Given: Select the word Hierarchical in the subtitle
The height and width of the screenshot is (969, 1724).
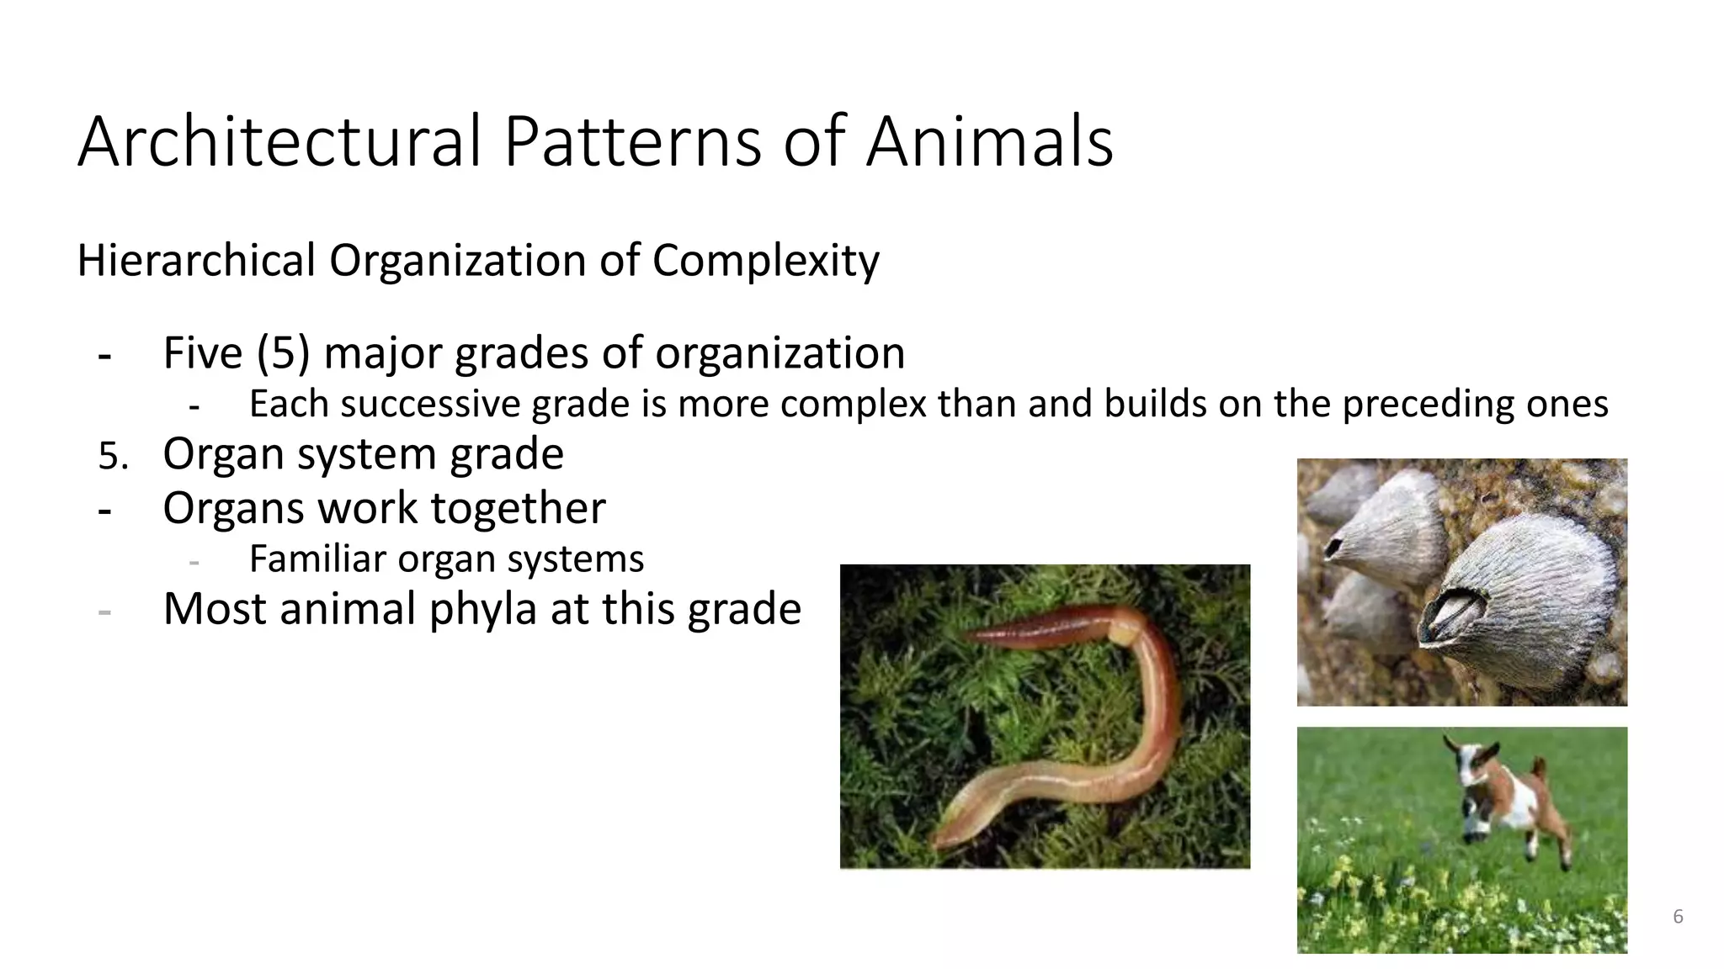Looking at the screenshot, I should pos(196,261).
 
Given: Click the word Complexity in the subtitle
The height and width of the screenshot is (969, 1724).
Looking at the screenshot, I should pos(765,261).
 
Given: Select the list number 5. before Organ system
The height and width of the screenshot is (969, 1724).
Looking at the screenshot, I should pos(113,457).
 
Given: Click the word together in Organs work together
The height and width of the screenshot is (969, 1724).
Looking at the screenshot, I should pos(518,508).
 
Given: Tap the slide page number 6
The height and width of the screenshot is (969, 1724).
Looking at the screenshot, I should pos(1678,917).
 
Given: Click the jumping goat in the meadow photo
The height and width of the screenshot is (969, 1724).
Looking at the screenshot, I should pos(1507,799).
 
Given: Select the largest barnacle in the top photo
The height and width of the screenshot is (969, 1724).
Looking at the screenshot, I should pos(1515,589).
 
